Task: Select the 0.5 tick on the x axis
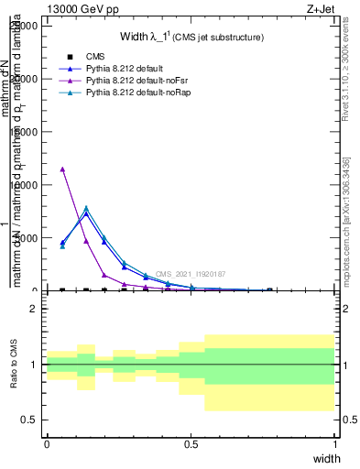point(191,444)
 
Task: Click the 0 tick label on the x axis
point(47,444)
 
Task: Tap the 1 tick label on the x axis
point(335,444)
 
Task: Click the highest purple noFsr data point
point(62,169)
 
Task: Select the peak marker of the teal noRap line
point(86,208)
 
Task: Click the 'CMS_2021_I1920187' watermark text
point(190,274)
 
